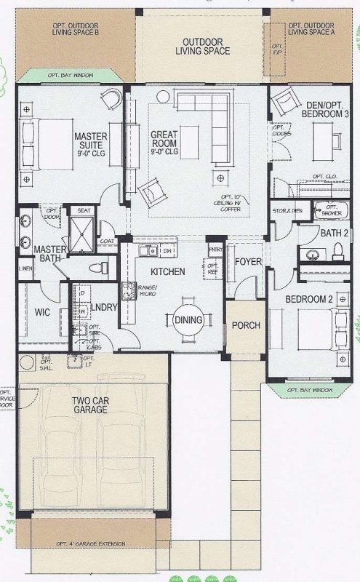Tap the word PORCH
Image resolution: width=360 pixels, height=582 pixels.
click(x=246, y=324)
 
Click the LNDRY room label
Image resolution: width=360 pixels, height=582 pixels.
click(x=104, y=308)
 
